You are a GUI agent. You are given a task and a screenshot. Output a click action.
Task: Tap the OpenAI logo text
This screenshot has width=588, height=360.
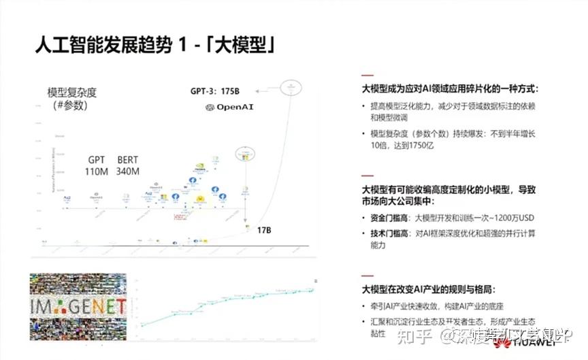tap(234, 108)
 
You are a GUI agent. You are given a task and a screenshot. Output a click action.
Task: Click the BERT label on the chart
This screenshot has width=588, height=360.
tap(127, 160)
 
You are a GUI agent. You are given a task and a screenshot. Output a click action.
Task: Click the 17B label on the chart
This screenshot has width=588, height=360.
tap(264, 231)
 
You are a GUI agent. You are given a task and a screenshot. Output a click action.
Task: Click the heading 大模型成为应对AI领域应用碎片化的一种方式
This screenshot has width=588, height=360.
tap(450, 88)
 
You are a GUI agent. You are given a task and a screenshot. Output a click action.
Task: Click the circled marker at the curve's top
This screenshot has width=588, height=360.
tap(291, 86)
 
